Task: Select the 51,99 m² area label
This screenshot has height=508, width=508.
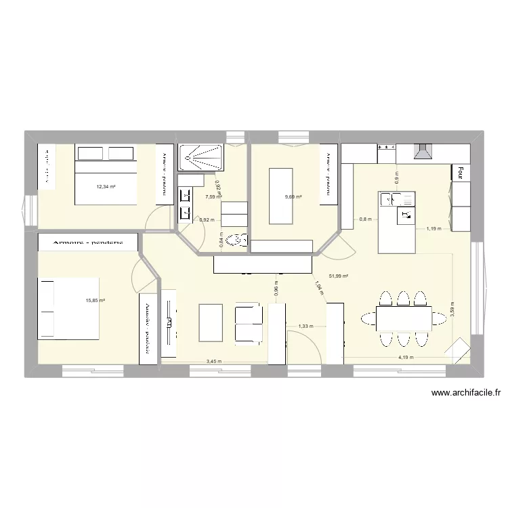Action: (339, 276)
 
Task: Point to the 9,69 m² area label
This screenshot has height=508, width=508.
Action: (292, 197)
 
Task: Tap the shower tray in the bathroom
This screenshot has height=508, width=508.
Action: (200, 158)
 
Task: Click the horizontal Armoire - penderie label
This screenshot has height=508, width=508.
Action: (88, 242)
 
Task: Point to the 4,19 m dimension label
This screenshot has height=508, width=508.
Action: (405, 357)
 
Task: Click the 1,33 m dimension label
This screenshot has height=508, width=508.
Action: (305, 326)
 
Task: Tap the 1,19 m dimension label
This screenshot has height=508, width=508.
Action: (433, 229)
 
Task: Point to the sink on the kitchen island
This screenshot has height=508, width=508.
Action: (393, 199)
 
